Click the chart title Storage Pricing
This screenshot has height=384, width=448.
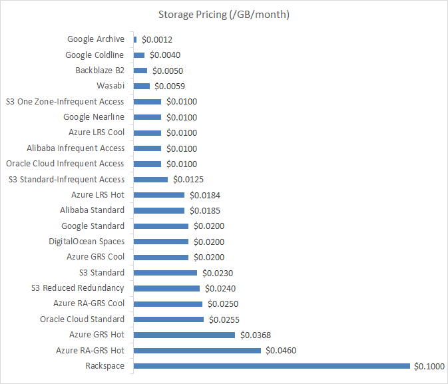[x=224, y=14]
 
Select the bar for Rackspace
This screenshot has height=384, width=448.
[x=272, y=366]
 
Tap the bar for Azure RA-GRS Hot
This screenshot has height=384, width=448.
[x=197, y=350]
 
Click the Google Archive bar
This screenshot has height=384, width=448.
[x=135, y=39]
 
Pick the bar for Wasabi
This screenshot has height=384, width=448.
[x=142, y=86]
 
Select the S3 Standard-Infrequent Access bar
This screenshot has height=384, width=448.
[x=150, y=179]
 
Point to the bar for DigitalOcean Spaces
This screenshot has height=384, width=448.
[x=161, y=242]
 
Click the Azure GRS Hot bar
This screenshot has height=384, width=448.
[x=184, y=335]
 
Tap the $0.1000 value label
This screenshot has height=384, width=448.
[x=429, y=366]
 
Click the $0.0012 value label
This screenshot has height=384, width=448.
[x=157, y=39]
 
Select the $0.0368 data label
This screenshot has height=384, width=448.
[x=256, y=335]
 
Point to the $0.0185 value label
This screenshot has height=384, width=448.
[x=205, y=210]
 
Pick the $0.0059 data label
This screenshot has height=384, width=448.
[x=170, y=86]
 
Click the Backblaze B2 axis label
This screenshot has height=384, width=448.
[x=101, y=71]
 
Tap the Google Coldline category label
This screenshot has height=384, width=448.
[x=95, y=55]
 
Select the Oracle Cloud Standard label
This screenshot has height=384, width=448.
[x=82, y=319]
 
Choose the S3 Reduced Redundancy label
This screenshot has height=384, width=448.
[x=78, y=288]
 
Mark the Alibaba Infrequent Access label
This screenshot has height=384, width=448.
[x=75, y=148]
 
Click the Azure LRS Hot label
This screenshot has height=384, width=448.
[x=98, y=195]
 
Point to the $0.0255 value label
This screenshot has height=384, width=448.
[x=224, y=319]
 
